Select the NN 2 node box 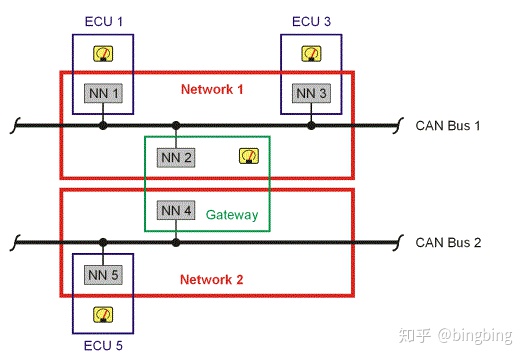[x=176, y=156]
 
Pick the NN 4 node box [x=176, y=211]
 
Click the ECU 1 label [x=102, y=20]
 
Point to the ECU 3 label [x=311, y=20]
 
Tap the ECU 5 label [x=102, y=346]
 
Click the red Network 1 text [x=212, y=89]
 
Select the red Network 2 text [x=212, y=279]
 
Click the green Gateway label [x=232, y=214]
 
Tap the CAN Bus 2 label [x=449, y=242]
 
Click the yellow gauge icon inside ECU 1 [x=102, y=54]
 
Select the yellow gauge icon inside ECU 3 [x=311, y=54]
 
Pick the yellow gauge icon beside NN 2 [x=247, y=155]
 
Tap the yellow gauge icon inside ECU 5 [x=102, y=314]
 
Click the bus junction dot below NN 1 [x=102, y=125]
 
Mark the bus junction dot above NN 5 [x=102, y=242]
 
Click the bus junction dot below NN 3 [x=311, y=125]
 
